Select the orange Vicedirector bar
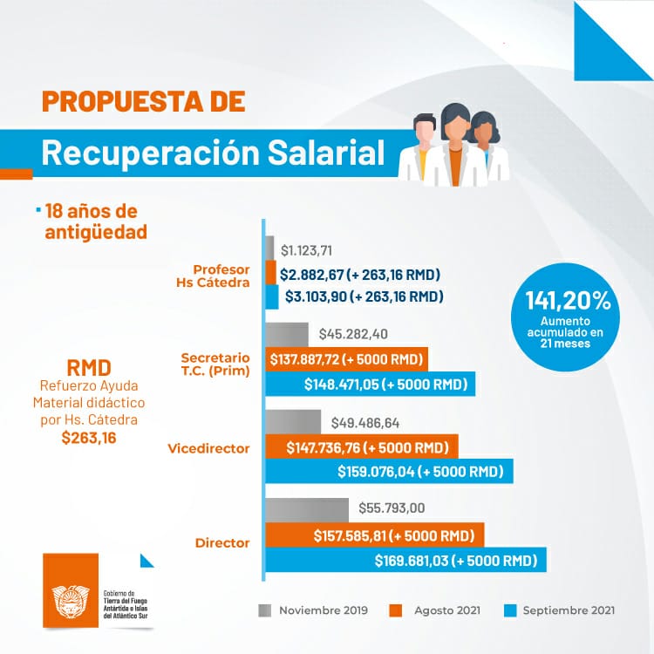pyautogui.click(x=361, y=447)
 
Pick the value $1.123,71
pyautogui.click(x=306, y=251)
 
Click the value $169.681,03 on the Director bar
pyautogui.click(x=455, y=560)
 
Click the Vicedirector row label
pyautogui.click(x=208, y=448)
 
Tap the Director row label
pyautogui.click(x=222, y=542)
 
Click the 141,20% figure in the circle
pyautogui.click(x=568, y=301)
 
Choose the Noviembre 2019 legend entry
pyautogui.click(x=323, y=610)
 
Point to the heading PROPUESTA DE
pyautogui.click(x=143, y=100)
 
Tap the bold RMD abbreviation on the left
pyautogui.click(x=88, y=365)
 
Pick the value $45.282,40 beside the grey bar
pyautogui.click(x=353, y=334)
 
